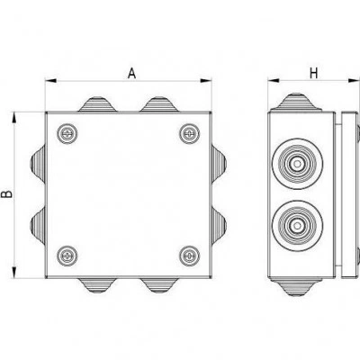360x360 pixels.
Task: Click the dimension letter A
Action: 131,73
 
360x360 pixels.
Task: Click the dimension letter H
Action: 313,73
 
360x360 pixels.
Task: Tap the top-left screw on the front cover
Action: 67,133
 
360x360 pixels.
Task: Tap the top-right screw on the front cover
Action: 190,133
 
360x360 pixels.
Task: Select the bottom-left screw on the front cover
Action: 67,256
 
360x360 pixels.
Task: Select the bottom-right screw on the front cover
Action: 190,256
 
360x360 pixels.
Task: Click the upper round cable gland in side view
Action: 297,164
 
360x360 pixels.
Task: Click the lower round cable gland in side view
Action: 297,226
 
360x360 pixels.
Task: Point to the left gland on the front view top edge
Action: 97,104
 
